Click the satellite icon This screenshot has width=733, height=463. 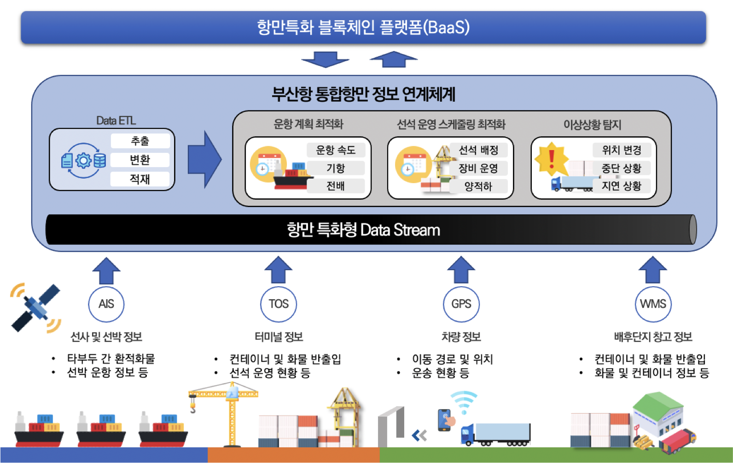point(35,307)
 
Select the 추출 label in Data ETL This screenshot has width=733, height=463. point(140,141)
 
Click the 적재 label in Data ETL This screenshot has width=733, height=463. point(140,179)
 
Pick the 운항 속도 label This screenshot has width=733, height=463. point(336,150)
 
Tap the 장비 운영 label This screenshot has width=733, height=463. point(478,168)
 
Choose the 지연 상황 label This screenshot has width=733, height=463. point(622,186)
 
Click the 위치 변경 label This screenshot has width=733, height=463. point(622,150)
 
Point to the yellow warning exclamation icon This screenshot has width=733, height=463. point(552,159)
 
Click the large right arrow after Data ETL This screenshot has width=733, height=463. point(204,159)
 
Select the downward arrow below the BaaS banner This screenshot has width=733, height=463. point(325,59)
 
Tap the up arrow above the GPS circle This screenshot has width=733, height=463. point(461,270)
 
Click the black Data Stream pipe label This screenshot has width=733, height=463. point(363,230)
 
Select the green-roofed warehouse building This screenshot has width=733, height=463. point(658,414)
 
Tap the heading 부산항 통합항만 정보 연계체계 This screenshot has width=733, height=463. point(364,94)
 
